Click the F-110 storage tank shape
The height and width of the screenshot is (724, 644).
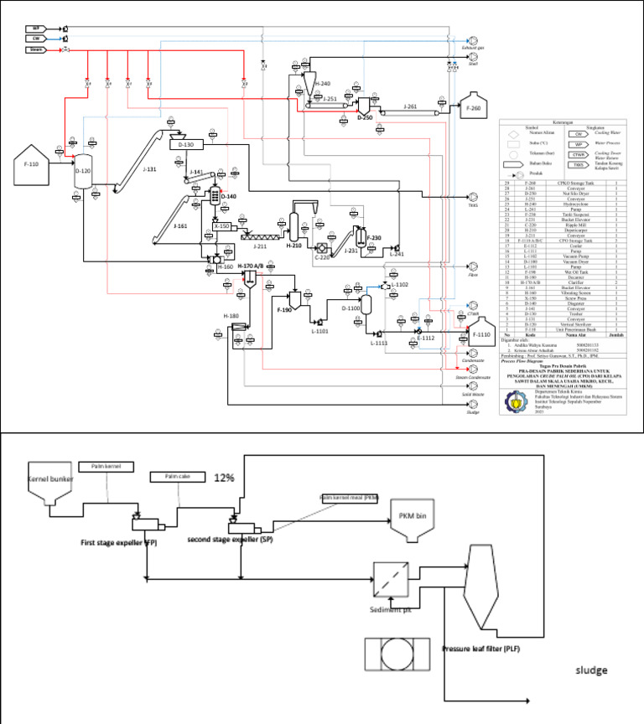(x=32, y=168)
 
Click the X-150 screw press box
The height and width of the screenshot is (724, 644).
(x=222, y=226)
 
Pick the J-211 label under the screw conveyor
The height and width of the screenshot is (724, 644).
(x=260, y=246)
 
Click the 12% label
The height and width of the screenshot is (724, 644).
(x=224, y=478)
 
